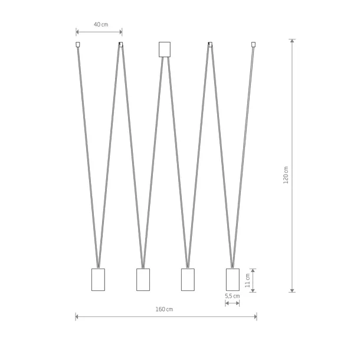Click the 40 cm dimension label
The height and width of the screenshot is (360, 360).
click(x=101, y=24)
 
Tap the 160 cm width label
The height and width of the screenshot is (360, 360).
click(x=164, y=309)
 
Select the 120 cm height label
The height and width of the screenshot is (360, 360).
click(x=286, y=175)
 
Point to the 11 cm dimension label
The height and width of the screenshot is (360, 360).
click(x=247, y=280)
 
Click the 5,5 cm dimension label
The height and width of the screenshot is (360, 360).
click(x=233, y=296)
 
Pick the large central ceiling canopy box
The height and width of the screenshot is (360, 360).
click(x=165, y=50)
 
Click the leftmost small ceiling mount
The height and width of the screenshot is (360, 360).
click(x=78, y=44)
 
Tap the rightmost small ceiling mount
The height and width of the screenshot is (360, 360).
click(x=253, y=44)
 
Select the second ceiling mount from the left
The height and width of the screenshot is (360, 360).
click(x=121, y=44)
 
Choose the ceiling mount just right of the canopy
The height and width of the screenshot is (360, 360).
click(x=210, y=44)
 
